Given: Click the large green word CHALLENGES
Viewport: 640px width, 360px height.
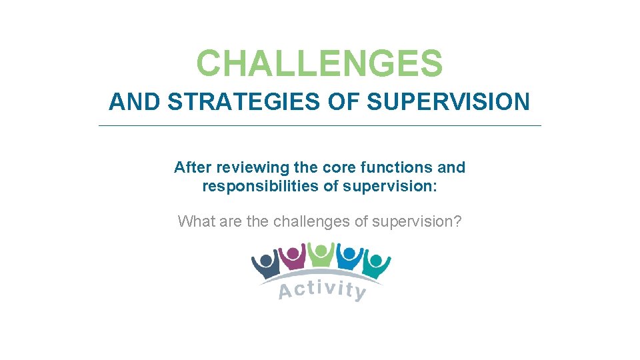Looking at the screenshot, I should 319,64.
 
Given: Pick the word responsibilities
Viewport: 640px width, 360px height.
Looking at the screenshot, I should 261,187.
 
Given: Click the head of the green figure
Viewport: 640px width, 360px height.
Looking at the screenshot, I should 321,250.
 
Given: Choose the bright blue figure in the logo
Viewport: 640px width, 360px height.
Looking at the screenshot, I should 349,258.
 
